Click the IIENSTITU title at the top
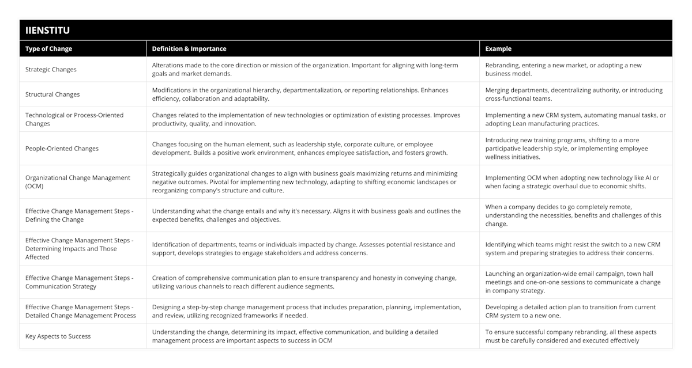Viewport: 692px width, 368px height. [x=48, y=30]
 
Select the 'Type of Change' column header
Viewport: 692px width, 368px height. [x=48, y=49]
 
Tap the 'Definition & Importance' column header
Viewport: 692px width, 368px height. [x=189, y=49]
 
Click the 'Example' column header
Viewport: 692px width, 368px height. [x=498, y=49]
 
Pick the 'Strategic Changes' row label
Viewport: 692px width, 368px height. [x=51, y=70]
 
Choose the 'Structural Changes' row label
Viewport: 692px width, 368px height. [x=52, y=94]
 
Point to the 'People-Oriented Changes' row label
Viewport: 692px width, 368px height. [x=62, y=149]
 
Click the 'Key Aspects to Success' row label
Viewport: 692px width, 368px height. [x=58, y=336]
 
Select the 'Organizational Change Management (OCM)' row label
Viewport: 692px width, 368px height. [x=78, y=181]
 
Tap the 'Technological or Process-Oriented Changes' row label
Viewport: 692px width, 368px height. [x=74, y=119]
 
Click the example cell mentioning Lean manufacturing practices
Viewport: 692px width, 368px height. [x=575, y=119]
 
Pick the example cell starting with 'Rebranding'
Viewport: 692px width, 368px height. [x=563, y=70]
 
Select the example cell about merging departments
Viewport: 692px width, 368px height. [x=574, y=94]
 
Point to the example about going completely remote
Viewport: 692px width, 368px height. [x=573, y=215]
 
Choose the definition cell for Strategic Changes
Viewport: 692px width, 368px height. [x=305, y=70]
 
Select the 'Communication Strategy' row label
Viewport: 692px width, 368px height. [x=80, y=282]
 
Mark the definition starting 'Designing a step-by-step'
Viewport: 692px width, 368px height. [x=306, y=312]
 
